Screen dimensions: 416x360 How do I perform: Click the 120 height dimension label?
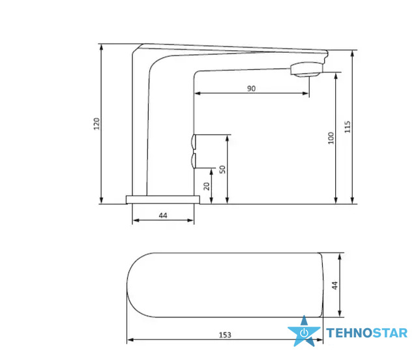[97, 124]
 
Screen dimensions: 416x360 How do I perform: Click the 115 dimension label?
[348, 127]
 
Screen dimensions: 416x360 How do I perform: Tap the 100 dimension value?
[331, 138]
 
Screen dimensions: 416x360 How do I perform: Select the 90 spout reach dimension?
[251, 88]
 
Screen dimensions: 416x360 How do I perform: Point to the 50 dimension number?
[222, 170]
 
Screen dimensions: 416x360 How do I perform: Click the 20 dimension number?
[207, 187]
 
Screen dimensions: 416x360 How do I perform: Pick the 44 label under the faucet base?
[163, 215]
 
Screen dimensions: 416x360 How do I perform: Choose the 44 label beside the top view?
[335, 285]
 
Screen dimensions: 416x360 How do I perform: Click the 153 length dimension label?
[225, 335]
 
